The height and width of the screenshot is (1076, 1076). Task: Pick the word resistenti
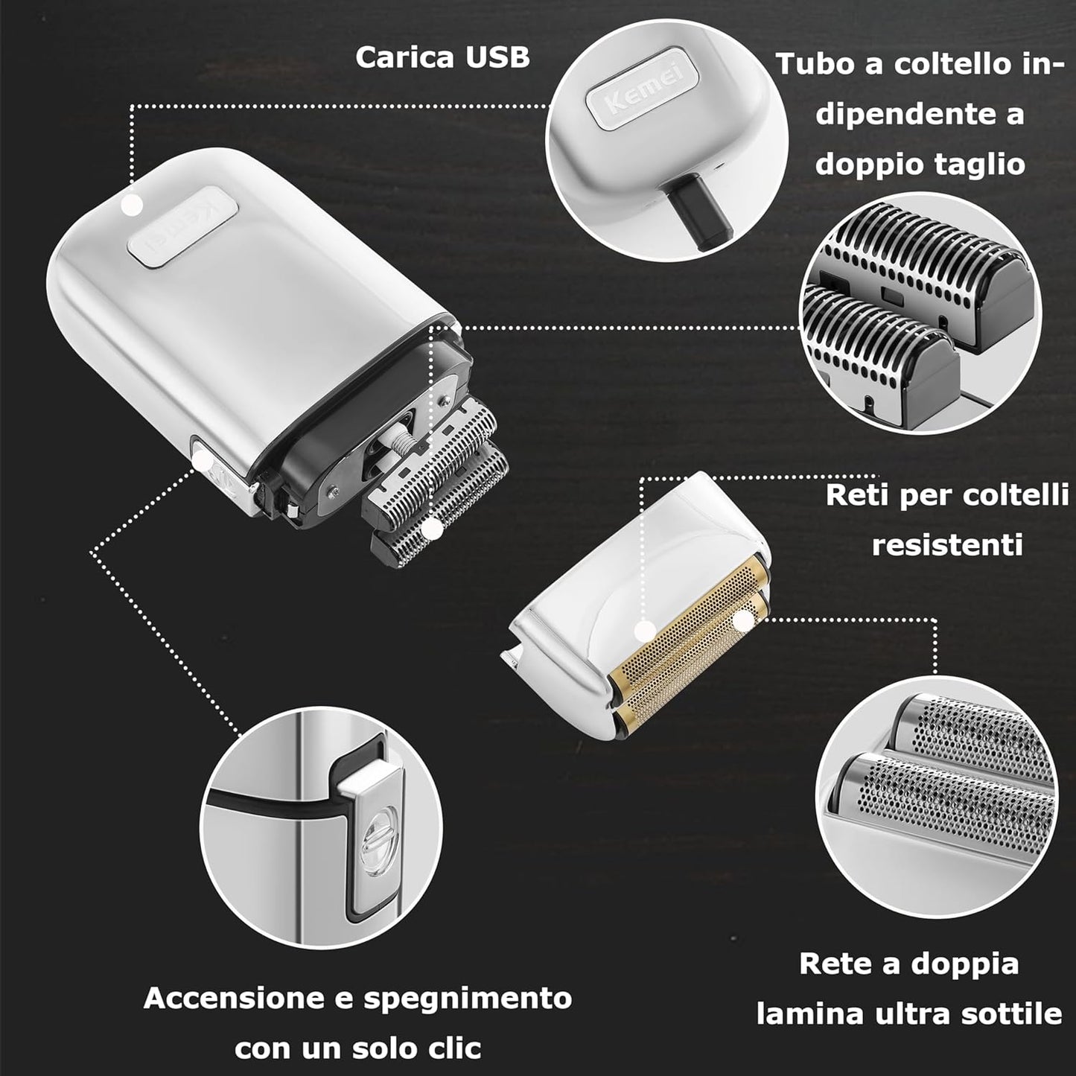click(947, 544)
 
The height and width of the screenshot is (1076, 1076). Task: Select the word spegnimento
click(467, 998)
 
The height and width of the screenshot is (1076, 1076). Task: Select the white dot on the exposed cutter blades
click(430, 530)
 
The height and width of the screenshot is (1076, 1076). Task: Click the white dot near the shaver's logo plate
click(132, 204)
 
